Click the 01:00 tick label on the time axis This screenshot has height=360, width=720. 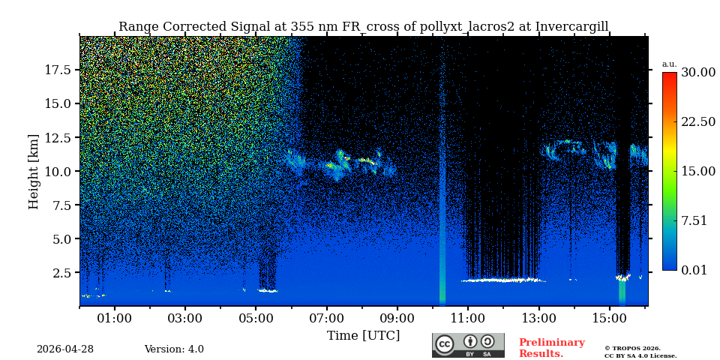[114, 319]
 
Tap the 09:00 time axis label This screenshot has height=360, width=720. [397, 319]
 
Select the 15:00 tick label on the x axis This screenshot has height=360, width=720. [609, 319]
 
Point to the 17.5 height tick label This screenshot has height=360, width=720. [58, 70]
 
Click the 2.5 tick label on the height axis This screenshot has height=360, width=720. [63, 273]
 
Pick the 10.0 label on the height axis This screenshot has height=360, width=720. [58, 171]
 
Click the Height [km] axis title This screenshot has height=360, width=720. [34, 171]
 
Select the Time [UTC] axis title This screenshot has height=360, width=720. [363, 336]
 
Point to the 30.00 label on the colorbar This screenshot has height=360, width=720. [697, 73]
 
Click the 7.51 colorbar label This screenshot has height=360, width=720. [694, 220]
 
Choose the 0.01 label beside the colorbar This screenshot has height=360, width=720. [694, 270]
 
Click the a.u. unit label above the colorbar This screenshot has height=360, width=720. [669, 64]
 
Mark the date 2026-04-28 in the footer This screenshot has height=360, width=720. [65, 349]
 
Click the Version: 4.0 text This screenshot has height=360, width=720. [174, 349]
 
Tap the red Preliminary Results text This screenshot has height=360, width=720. [551, 348]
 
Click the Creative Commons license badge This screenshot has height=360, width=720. [468, 345]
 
